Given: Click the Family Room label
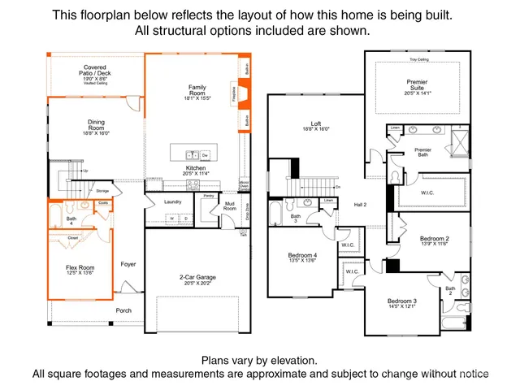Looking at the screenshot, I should point(197,92).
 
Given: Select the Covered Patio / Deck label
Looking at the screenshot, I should point(96,72).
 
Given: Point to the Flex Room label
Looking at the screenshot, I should point(80,271).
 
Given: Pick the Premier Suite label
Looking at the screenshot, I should point(416,86).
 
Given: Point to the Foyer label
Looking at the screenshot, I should point(128,264).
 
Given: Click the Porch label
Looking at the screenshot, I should point(123,310).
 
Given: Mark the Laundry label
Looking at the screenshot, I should point(172,201).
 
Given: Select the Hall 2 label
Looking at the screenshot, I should point(360,205).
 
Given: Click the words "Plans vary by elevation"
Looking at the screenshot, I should point(259,360).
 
